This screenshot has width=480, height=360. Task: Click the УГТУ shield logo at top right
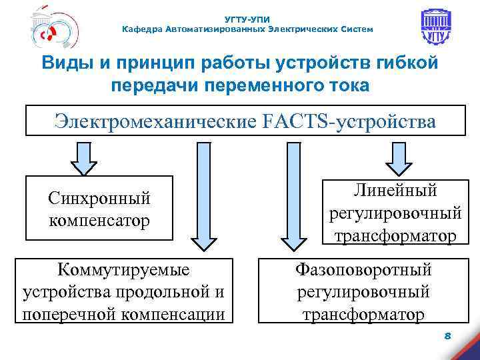click(x=436, y=28)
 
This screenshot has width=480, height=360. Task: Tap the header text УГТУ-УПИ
click(x=248, y=19)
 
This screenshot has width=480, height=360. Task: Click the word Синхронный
click(x=99, y=198)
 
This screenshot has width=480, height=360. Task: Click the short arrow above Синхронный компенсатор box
click(x=84, y=159)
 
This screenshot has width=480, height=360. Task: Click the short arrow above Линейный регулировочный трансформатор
click(x=399, y=159)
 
